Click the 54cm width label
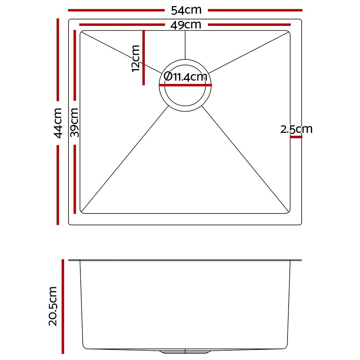pos(186,10)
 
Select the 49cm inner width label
pos(186,25)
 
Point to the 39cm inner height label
pos(75,122)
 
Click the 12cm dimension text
pos(135,58)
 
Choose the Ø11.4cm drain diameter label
pos(186,77)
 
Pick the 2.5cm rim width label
pos(296,129)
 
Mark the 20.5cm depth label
pos(53,306)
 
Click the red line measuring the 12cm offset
pos(143,58)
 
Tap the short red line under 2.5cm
pos(296,137)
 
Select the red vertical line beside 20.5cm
pos(63,306)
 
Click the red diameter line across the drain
pos(185,85)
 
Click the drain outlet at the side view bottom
pos(185,351)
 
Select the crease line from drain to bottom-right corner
pos(245,158)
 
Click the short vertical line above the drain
pos(185,45)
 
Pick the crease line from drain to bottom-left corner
pos(126,158)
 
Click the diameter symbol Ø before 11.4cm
pos(168,76)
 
